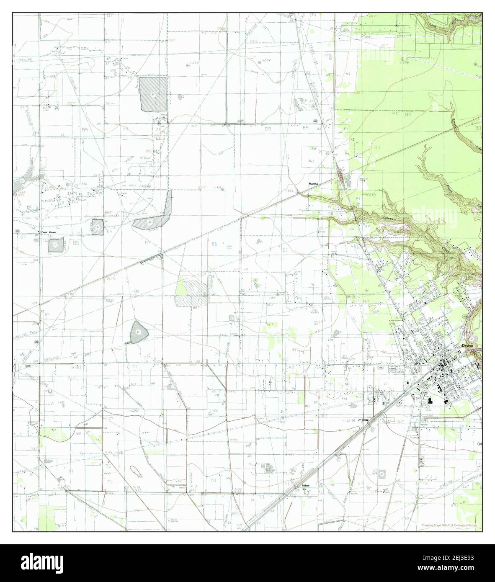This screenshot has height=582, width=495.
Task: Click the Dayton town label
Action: (x=467, y=346)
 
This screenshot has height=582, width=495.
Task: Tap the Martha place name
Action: (x=313, y=184)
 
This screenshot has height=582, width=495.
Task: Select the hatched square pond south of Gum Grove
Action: (x=56, y=245)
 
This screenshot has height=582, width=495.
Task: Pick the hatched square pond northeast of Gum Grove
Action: (x=98, y=227)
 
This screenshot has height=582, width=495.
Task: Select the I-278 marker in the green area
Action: (x=405, y=62)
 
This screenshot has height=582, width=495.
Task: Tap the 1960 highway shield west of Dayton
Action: (x=380, y=368)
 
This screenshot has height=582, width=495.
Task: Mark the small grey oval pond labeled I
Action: (x=181, y=97)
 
